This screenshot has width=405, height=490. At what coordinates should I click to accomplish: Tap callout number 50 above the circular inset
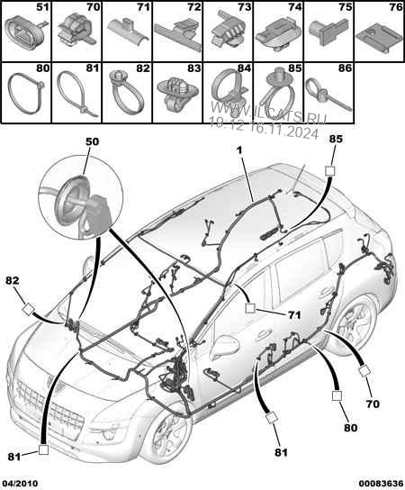point(93,142)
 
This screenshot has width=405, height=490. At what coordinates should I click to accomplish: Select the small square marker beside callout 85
point(329,171)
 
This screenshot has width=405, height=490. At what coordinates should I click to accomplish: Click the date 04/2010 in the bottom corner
point(22,481)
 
